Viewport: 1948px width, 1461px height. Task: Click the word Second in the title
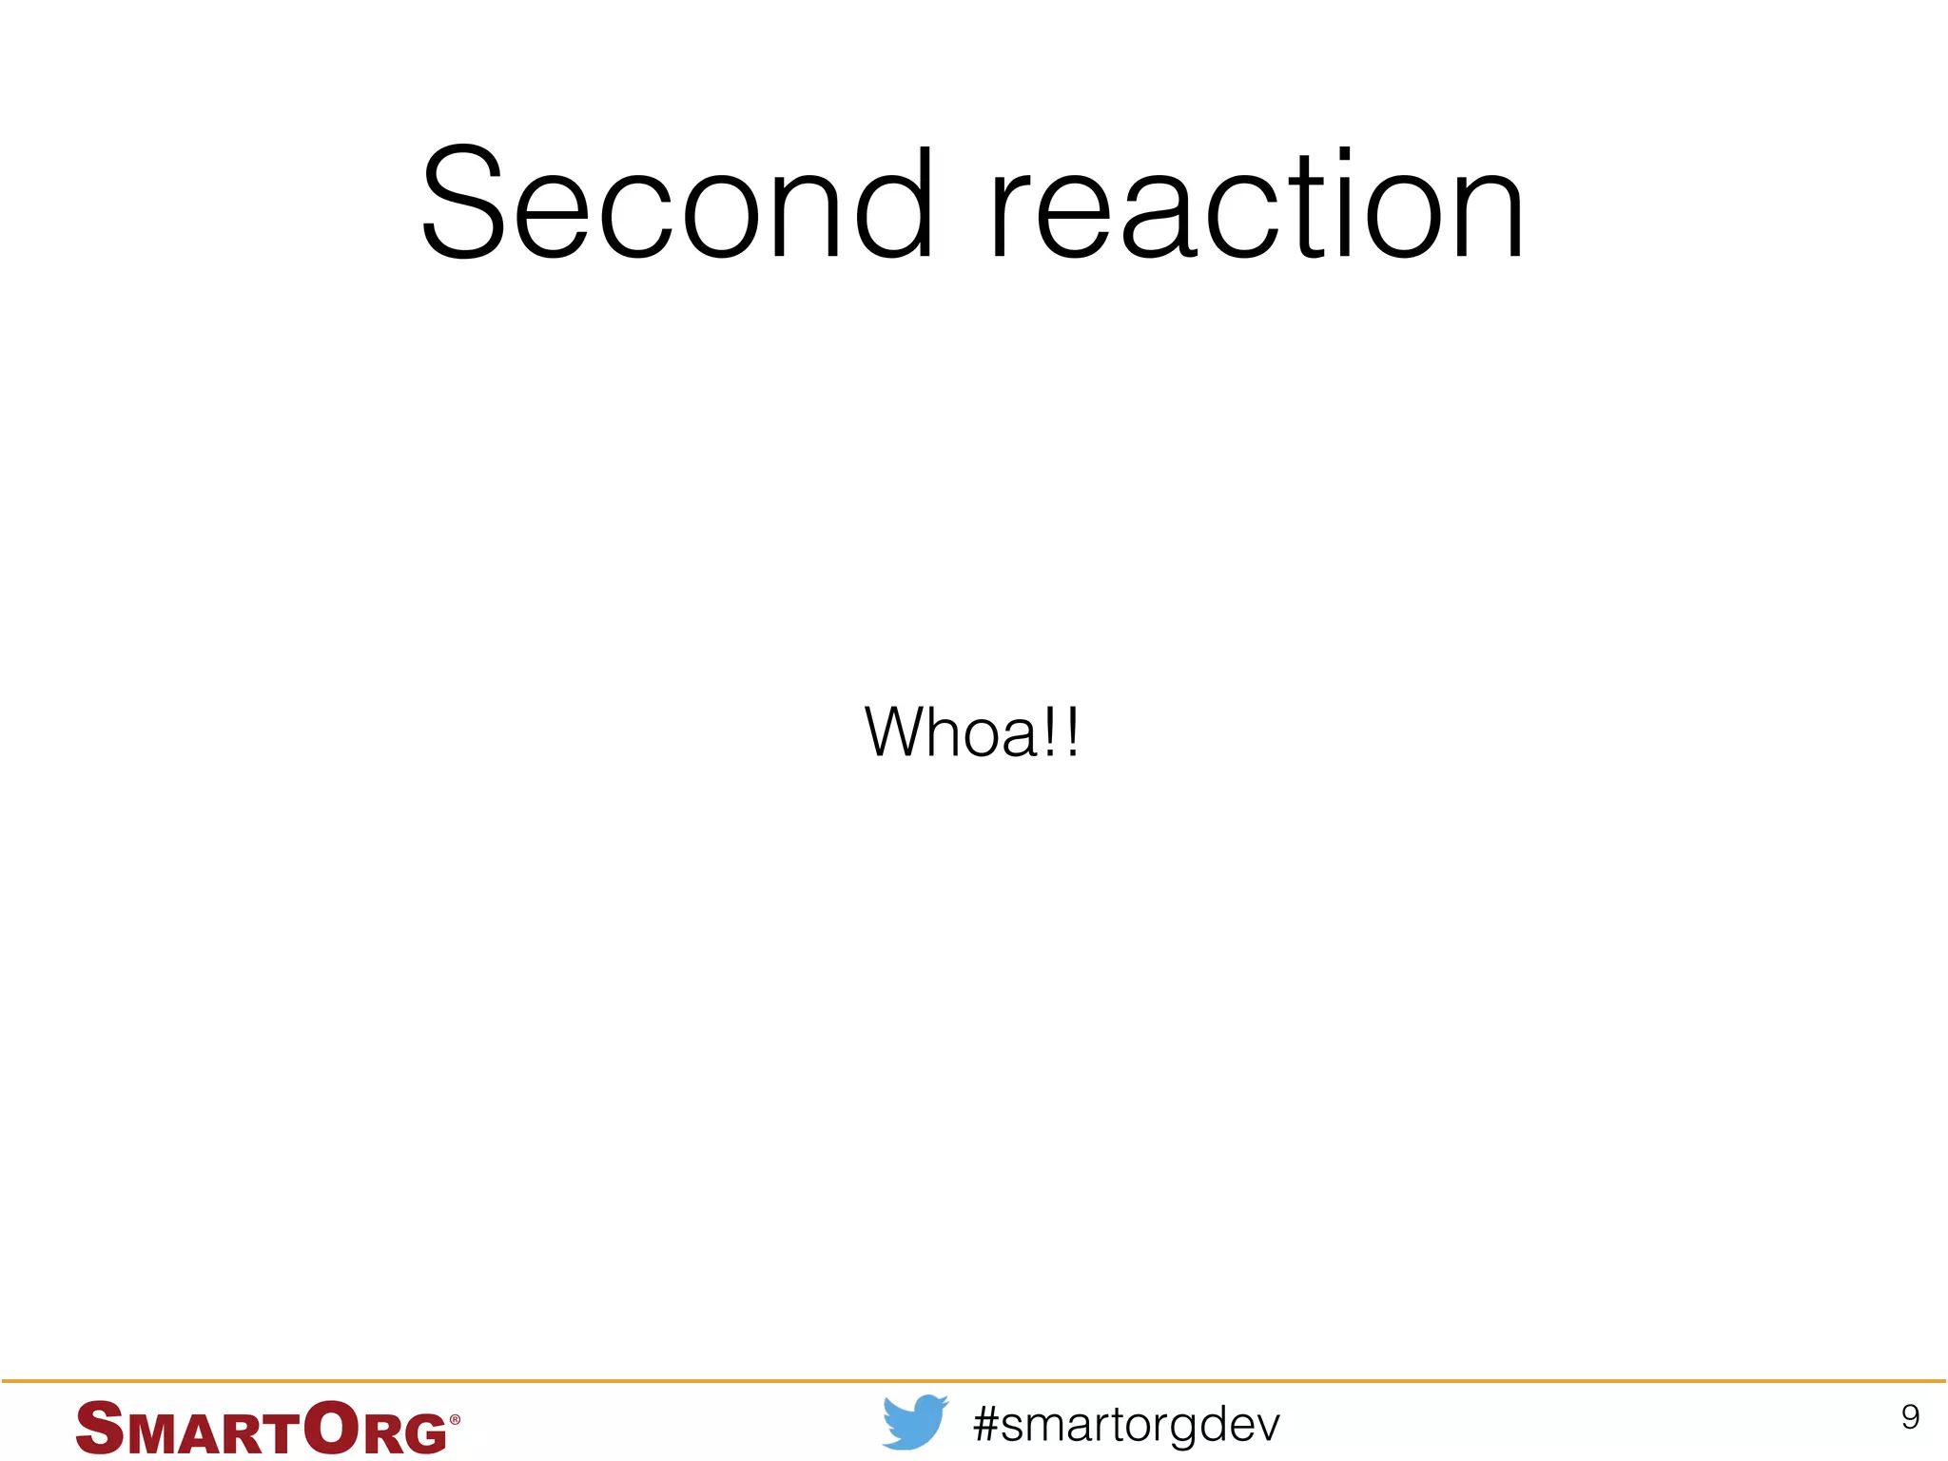677,205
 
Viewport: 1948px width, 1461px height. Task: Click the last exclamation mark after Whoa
1073,732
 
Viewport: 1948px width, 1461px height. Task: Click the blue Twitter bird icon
914,1422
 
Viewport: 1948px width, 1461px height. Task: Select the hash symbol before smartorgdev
986,1424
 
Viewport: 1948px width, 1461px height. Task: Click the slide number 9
1910,1417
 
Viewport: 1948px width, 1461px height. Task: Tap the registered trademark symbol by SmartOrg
455,1419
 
